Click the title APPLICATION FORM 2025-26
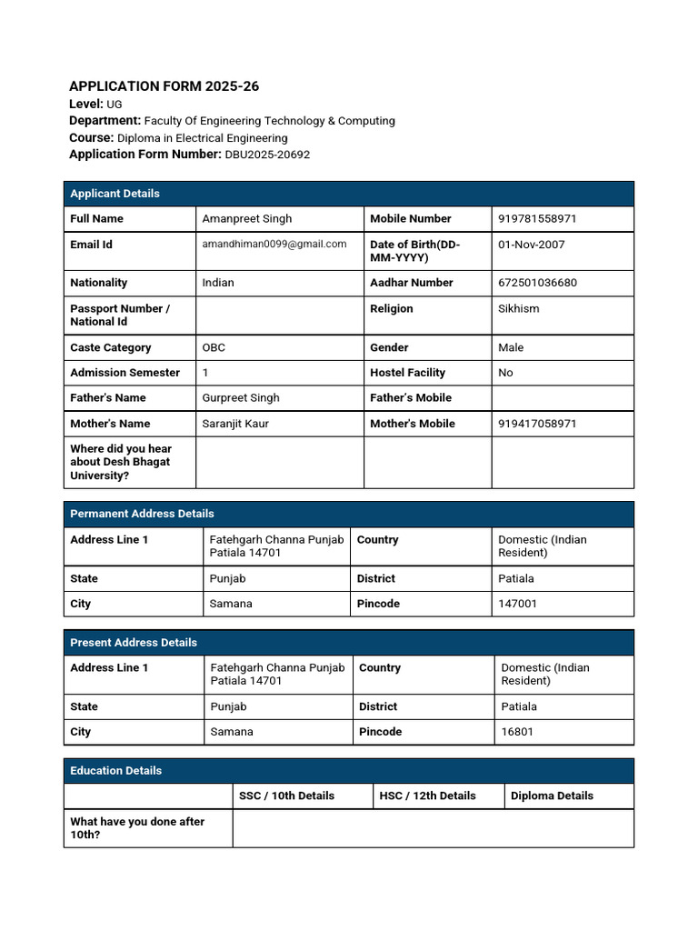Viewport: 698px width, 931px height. point(164,86)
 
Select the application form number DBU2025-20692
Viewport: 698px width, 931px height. point(267,155)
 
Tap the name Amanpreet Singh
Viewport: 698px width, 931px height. point(247,218)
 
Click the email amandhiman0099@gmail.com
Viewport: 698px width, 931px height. point(274,244)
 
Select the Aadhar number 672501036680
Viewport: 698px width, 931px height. point(537,283)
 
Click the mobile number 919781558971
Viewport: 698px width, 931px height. point(537,218)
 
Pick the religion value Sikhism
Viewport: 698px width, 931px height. point(518,308)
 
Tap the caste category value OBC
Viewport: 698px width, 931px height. point(214,347)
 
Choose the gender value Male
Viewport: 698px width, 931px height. point(511,347)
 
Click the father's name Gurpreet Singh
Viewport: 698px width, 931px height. point(241,397)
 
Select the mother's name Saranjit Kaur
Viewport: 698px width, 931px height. point(235,424)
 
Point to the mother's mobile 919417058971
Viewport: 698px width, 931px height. point(537,424)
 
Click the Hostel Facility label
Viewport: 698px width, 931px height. point(407,373)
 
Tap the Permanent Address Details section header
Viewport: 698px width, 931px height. point(142,514)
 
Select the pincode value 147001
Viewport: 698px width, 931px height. point(517,604)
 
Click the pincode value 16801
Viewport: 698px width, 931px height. point(517,732)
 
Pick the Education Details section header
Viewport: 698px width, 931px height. point(115,770)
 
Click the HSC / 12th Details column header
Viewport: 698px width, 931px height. point(427,796)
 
